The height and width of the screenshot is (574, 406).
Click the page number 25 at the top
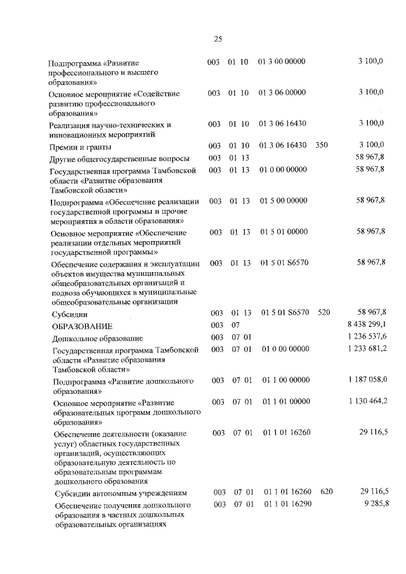pyautogui.click(x=218, y=39)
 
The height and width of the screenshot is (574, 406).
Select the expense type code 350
pyautogui.click(x=321, y=145)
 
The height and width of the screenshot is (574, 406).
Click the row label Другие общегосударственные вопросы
pyautogui.click(x=119, y=157)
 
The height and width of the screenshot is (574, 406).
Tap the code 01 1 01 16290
pyautogui.click(x=287, y=504)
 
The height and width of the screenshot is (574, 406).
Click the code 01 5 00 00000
pyautogui.click(x=283, y=201)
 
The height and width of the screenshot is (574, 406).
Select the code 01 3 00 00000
pyautogui.click(x=282, y=62)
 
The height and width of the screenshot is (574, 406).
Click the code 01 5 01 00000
pyautogui.click(x=283, y=233)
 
